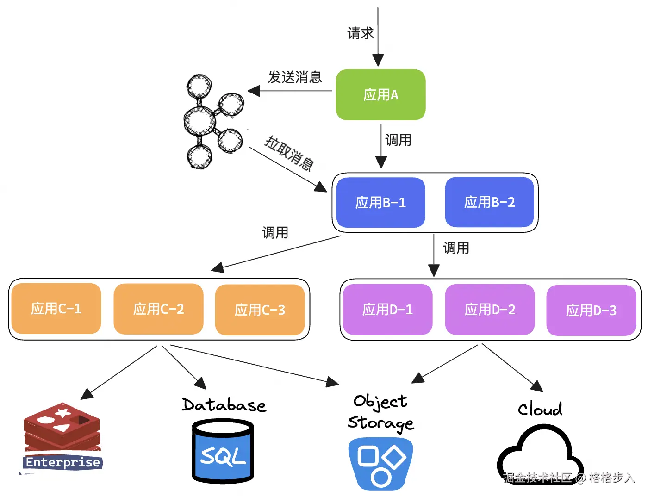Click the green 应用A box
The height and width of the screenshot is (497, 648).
[x=380, y=95]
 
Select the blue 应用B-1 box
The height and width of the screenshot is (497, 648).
[x=380, y=202]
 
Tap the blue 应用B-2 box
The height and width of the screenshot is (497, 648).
[x=489, y=202]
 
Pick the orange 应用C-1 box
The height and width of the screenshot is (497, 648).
[x=56, y=308]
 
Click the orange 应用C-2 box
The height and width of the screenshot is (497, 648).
[x=158, y=309]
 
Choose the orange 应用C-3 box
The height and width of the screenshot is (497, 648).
[x=260, y=310]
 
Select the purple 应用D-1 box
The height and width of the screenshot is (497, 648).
[x=387, y=309]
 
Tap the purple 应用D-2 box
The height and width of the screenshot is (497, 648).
[x=490, y=309]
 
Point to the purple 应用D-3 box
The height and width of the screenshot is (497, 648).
[x=591, y=310]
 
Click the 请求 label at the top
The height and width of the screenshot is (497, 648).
[x=361, y=33]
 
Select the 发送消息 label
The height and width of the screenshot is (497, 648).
[x=295, y=77]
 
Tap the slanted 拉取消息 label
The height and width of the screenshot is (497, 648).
[x=289, y=153]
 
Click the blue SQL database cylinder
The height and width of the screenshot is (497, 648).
[x=223, y=451]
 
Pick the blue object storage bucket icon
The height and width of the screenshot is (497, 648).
[x=380, y=463]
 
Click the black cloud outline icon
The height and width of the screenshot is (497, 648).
[x=539, y=456]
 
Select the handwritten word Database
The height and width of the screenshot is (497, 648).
[x=224, y=405]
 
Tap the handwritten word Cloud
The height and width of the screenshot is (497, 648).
[x=540, y=409]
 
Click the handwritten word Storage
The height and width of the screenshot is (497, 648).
[x=380, y=423]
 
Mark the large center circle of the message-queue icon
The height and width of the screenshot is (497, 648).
[x=199, y=121]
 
